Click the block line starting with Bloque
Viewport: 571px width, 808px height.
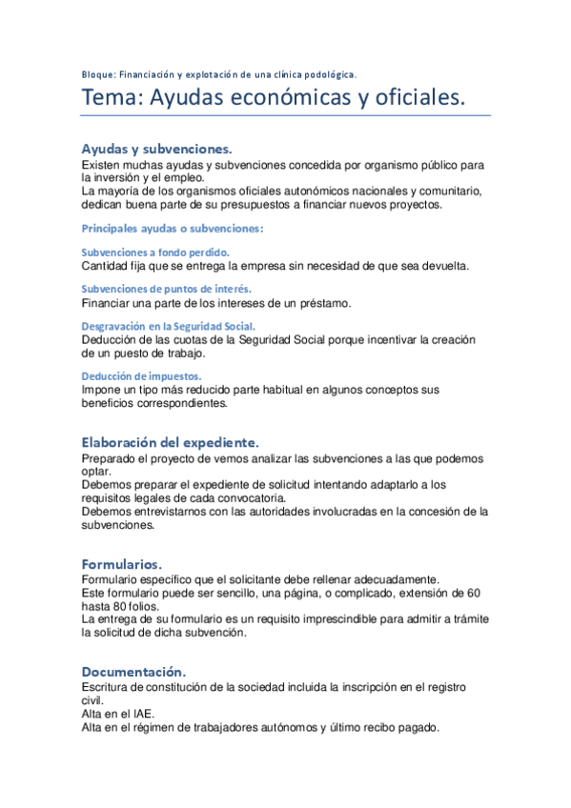pyautogui.click(x=218, y=73)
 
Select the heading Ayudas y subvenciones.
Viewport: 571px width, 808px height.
pyautogui.click(x=156, y=150)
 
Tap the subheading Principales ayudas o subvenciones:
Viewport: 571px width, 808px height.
pyautogui.click(x=172, y=229)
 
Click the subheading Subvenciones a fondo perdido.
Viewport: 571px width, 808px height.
pyautogui.click(x=155, y=252)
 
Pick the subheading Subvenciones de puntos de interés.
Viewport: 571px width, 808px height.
pyautogui.click(x=166, y=289)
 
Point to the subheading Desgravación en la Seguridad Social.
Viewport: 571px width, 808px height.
pyautogui.click(x=168, y=326)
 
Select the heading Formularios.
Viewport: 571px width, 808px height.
pyautogui.click(x=122, y=563)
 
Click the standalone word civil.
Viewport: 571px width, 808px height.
pyautogui.click(x=93, y=700)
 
